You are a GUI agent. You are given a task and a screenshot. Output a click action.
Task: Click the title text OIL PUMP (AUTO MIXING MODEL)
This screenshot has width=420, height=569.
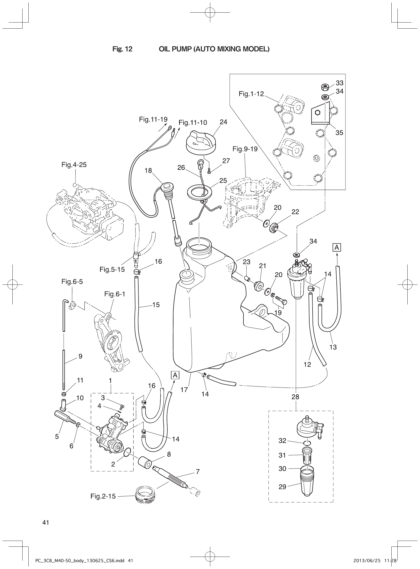tap(214, 49)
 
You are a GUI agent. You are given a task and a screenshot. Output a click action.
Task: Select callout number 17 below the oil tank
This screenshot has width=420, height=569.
tap(184, 390)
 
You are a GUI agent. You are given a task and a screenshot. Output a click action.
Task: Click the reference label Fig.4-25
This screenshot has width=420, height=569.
tap(74, 165)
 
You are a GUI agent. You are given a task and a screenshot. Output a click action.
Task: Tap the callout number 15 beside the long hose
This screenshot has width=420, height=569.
tap(156, 304)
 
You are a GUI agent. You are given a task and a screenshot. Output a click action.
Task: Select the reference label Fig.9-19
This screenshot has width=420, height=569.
tap(245, 149)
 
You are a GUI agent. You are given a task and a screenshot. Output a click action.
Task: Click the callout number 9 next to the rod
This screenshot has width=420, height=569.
tap(80, 356)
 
